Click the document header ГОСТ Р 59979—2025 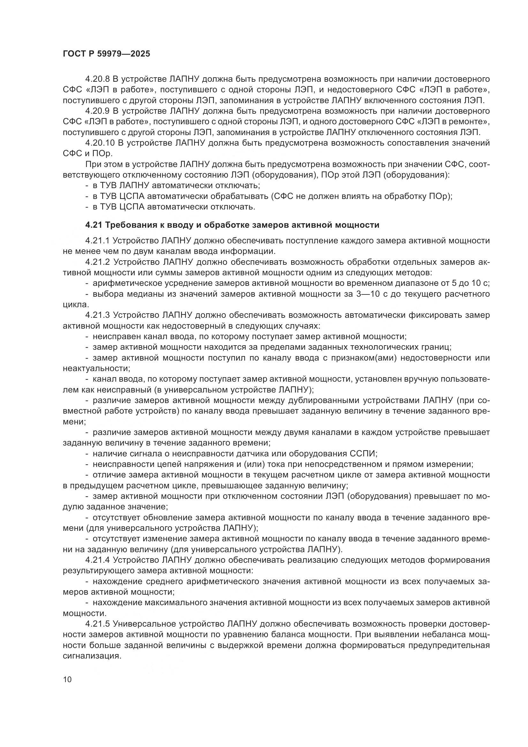pyautogui.click(x=106, y=54)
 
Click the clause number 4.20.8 pyautogui.click(x=98, y=79)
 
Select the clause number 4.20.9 pyautogui.click(x=98, y=111)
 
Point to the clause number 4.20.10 pyautogui.click(x=100, y=143)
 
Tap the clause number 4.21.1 pyautogui.click(x=98, y=241)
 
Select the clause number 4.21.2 pyautogui.click(x=98, y=262)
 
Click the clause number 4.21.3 pyautogui.click(x=98, y=315)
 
